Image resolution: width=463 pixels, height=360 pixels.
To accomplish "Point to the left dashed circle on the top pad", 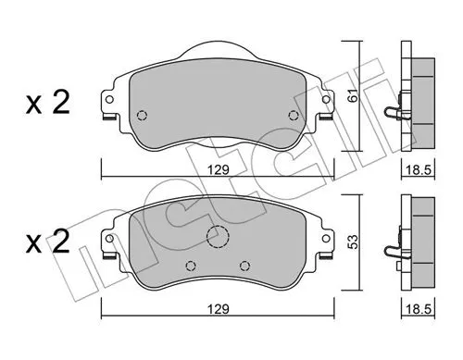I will pos(142,116).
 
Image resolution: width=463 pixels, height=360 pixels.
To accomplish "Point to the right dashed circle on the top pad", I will pos(294,116).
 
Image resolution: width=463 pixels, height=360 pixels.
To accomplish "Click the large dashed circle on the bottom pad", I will pos(217,238).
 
